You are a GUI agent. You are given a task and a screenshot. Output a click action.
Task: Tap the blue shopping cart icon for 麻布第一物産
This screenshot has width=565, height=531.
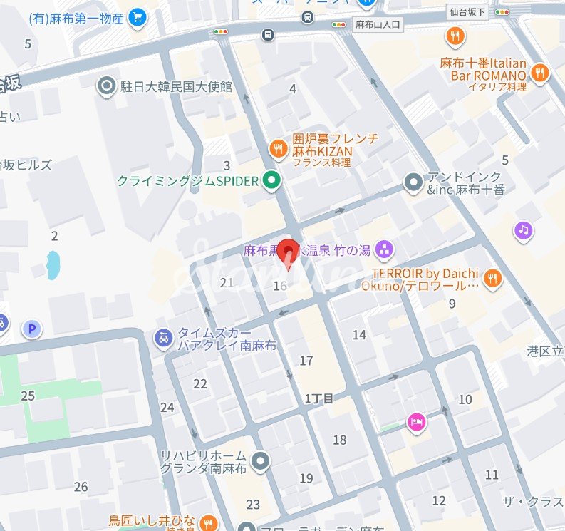pyautogui.click(x=137, y=17)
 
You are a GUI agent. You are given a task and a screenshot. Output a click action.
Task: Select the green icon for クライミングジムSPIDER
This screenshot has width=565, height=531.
pyautogui.click(x=270, y=182)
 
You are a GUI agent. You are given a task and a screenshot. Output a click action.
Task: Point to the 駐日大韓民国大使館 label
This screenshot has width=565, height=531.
pyautogui.click(x=176, y=87)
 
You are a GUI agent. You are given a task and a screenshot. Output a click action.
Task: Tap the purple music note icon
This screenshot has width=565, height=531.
pyautogui.click(x=524, y=230)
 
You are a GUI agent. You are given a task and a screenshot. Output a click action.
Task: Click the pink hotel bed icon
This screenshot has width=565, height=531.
pyautogui.click(x=417, y=423)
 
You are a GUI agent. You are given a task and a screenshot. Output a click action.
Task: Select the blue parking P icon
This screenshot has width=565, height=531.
pyautogui.click(x=31, y=329)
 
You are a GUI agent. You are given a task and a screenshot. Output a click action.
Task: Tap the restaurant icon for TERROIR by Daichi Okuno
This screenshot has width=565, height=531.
pyautogui.click(x=491, y=279)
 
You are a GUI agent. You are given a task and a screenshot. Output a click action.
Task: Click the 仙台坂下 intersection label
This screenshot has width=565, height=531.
pyautogui.click(x=467, y=11)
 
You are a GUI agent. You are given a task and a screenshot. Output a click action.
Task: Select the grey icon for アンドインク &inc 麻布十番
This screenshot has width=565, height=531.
pyautogui.click(x=413, y=182)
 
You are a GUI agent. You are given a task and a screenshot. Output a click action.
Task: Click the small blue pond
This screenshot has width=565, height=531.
pyautogui.click(x=53, y=264)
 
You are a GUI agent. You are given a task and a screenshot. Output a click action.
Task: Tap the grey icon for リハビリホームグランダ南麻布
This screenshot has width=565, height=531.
pyautogui.click(x=261, y=462)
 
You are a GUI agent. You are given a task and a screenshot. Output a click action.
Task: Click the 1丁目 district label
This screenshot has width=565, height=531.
pyautogui.click(x=318, y=398)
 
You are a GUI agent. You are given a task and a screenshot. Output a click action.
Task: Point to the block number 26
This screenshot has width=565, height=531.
pyautogui.click(x=81, y=487)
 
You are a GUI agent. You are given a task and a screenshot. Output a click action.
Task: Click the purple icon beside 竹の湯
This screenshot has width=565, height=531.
pyautogui.click(x=383, y=250)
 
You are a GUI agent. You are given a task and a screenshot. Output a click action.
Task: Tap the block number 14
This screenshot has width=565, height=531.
pyautogui.click(x=359, y=335)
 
